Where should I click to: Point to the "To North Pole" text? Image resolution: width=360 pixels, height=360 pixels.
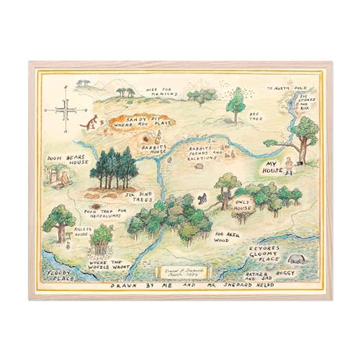pos(284,89)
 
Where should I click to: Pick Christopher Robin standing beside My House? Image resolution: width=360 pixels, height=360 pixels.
pos(290,168)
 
